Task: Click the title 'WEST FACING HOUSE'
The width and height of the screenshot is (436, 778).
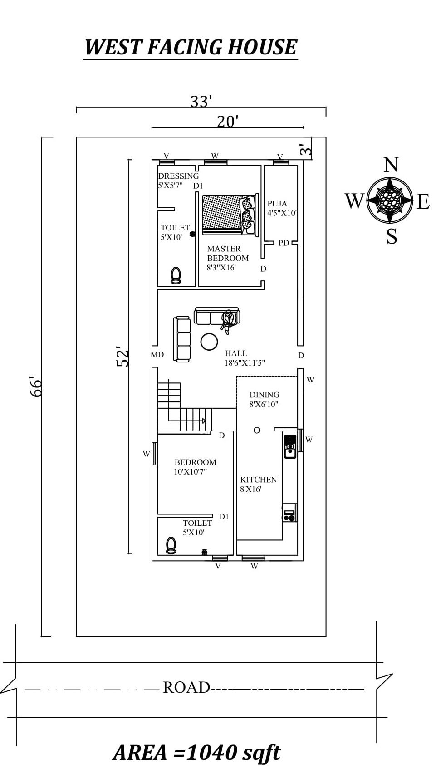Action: click(x=191, y=47)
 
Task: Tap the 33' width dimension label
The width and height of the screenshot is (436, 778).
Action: click(x=201, y=102)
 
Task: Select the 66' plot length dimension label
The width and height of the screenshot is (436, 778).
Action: click(x=36, y=387)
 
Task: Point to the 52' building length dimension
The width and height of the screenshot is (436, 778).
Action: click(x=123, y=357)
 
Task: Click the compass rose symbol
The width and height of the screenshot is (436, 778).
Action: click(x=389, y=200)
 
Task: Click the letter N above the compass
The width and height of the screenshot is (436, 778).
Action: click(x=391, y=165)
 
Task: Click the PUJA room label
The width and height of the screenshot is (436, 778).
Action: click(x=277, y=203)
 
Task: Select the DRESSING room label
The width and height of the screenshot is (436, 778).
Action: click(x=178, y=176)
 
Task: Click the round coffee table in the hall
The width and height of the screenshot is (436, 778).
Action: click(x=209, y=342)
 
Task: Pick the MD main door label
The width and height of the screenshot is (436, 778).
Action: click(x=157, y=355)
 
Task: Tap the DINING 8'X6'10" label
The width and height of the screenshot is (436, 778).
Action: click(x=264, y=399)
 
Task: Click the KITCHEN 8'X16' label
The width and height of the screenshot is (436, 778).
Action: click(x=258, y=484)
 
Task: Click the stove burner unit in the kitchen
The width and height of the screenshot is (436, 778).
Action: click(x=289, y=513)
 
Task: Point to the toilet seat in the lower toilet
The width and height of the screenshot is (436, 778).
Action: click(x=171, y=545)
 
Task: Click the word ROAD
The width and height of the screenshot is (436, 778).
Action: click(x=186, y=687)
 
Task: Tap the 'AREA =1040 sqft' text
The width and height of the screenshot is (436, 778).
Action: click(x=196, y=753)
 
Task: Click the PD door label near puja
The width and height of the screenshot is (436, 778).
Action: click(x=284, y=243)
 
